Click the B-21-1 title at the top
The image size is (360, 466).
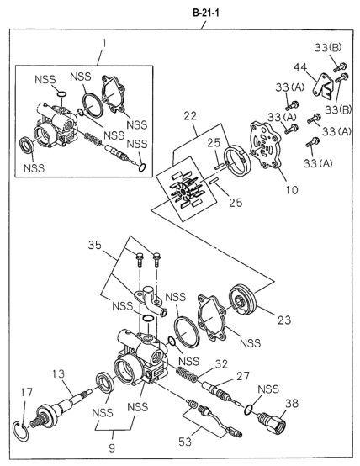coord(206,13)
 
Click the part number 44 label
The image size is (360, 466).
coord(300,67)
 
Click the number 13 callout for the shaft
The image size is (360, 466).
coord(59,373)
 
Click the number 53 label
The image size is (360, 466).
coord(185,442)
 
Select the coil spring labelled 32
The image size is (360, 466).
coord(187,374)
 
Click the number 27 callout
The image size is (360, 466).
coord(243,377)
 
